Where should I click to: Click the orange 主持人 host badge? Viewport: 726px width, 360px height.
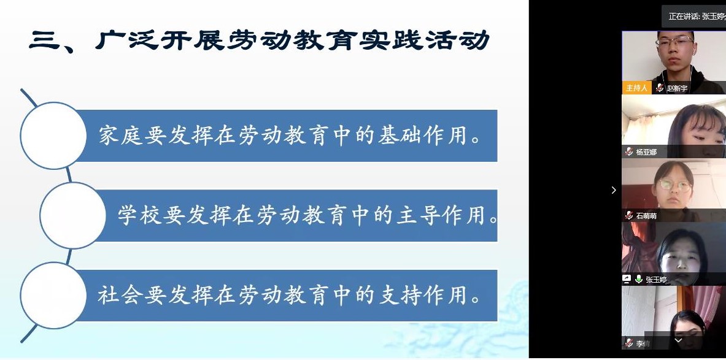pyautogui.click(x=636, y=88)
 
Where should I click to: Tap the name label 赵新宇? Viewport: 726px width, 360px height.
pyautogui.click(x=677, y=88)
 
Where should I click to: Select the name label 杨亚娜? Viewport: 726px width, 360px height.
pyautogui.click(x=646, y=151)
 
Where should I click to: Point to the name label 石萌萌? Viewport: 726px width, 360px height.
pyautogui.click(x=646, y=216)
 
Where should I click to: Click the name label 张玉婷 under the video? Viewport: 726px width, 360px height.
pyautogui.click(x=656, y=280)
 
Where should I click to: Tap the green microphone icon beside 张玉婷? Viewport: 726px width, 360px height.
pyautogui.click(x=638, y=279)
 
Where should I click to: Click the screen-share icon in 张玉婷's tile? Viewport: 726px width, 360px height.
pyautogui.click(x=627, y=279)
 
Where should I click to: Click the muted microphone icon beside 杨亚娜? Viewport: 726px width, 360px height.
pyautogui.click(x=629, y=151)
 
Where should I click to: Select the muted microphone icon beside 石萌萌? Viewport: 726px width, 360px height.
pyautogui.click(x=629, y=215)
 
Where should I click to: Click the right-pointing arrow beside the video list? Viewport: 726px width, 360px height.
pyautogui.click(x=614, y=190)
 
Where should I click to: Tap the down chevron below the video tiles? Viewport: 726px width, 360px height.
pyautogui.click(x=678, y=340)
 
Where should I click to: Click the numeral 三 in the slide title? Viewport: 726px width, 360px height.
pyautogui.click(x=44, y=40)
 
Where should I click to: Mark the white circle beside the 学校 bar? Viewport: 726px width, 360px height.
pyautogui.click(x=72, y=216)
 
